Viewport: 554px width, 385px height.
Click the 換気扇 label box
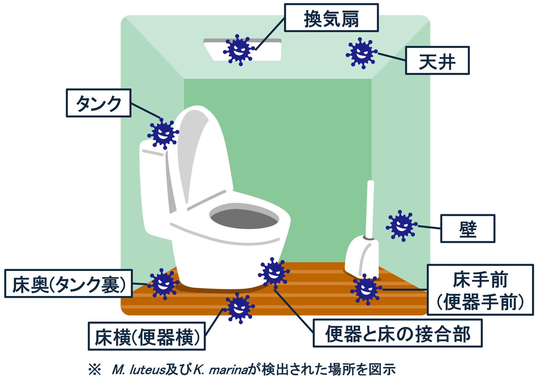[331, 18]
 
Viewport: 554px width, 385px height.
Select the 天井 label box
[437, 60]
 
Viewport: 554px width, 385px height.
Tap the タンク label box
[99, 103]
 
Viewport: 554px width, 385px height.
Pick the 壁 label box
[467, 228]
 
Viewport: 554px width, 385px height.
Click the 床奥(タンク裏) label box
[68, 283]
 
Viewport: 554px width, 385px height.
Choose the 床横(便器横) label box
[146, 336]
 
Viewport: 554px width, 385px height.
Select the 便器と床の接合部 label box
[397, 333]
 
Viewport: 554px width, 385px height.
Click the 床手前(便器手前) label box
[480, 290]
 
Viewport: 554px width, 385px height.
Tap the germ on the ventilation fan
[239, 50]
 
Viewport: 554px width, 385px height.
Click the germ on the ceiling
[362, 53]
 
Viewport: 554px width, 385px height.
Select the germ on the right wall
[402, 226]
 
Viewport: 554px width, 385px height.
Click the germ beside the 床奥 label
[163, 284]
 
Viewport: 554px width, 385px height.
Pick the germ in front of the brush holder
[366, 289]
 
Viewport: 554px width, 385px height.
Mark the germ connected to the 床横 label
[239, 308]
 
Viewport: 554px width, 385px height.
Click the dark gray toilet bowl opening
[244, 218]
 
